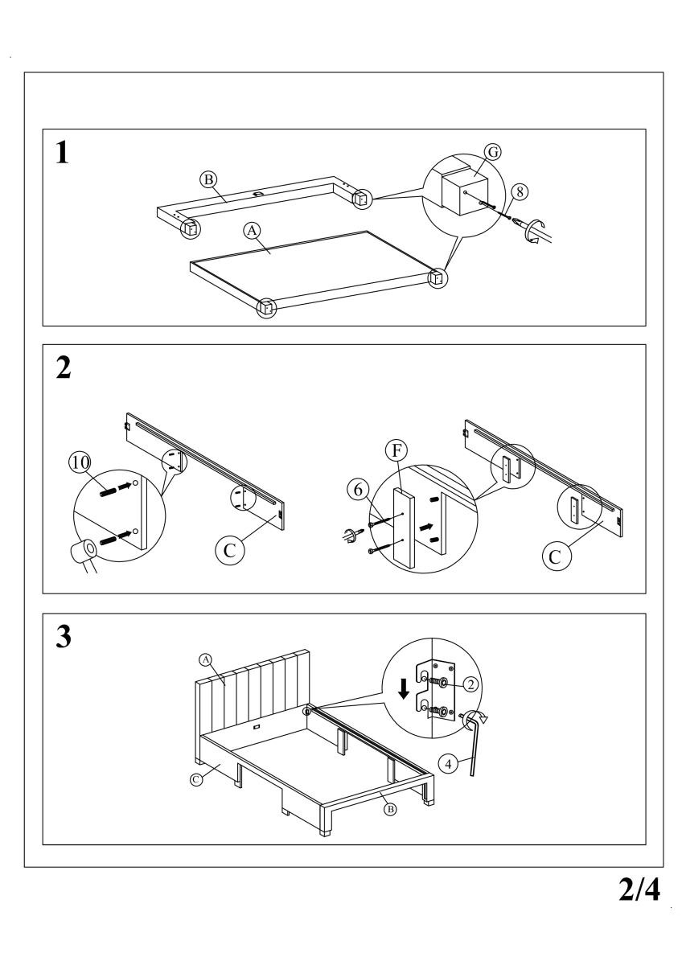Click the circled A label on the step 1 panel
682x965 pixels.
[252, 230]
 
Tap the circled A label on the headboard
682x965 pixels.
[205, 659]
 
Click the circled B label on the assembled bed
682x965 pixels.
[391, 809]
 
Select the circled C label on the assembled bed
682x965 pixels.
[195, 778]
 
